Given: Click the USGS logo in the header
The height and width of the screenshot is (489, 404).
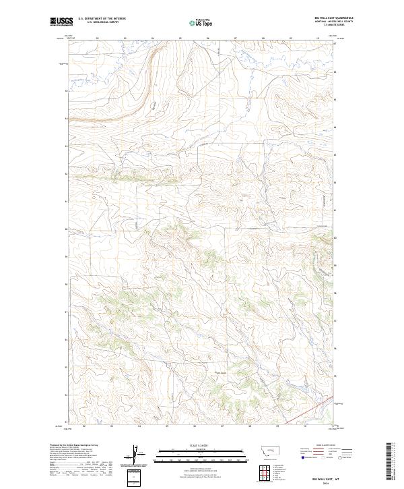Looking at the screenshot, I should (x=60, y=22).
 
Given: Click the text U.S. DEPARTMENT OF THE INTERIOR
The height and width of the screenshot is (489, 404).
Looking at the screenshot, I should (x=98, y=19).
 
